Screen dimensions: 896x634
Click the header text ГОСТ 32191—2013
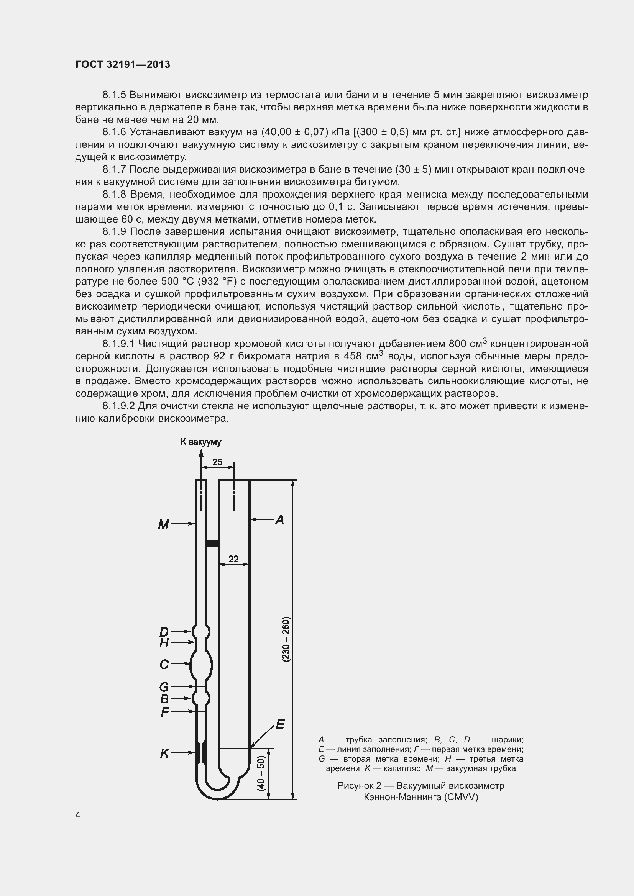tap(123, 65)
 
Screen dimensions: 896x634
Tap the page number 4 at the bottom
tap(78, 815)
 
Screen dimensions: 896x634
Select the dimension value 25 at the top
tap(217, 462)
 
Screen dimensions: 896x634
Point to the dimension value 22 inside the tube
tap(233, 559)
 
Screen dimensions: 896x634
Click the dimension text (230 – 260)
tap(286, 639)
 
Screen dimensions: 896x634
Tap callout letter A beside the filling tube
tap(279, 519)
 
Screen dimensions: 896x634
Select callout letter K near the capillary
tap(164, 753)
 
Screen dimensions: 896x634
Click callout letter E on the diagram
tap(280, 725)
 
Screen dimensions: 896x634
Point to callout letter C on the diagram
tap(164, 664)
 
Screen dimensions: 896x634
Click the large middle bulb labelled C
tap(201, 664)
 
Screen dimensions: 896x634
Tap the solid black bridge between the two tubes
tap(212, 543)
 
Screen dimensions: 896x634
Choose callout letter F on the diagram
tap(165, 712)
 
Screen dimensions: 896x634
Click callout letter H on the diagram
tap(164, 643)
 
